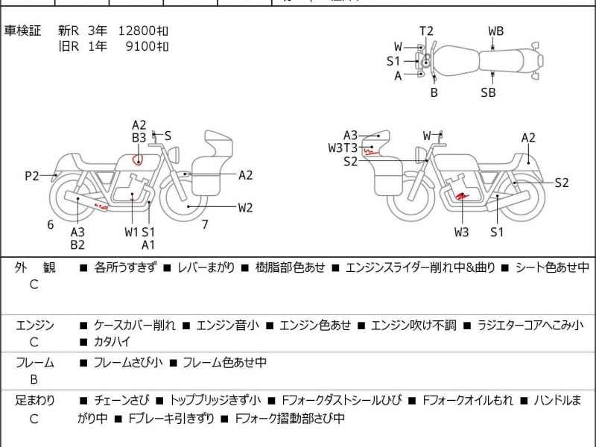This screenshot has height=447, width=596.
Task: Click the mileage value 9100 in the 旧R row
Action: (147, 46)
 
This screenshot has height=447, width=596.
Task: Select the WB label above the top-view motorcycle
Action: (495, 31)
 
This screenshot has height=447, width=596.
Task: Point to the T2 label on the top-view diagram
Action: (426, 31)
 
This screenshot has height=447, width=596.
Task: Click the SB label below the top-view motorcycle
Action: (488, 92)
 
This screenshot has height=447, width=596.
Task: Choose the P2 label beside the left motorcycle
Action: (31, 176)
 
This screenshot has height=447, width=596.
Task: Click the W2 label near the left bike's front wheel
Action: (245, 208)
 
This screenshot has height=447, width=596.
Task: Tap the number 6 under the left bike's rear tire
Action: (51, 224)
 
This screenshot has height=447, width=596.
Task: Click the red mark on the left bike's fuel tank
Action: (138, 159)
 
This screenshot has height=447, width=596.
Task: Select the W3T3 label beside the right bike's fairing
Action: (343, 148)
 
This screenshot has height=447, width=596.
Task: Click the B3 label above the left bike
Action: (139, 138)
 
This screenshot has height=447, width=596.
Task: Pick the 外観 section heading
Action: (34, 267)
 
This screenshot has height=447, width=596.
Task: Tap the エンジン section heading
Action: (34, 325)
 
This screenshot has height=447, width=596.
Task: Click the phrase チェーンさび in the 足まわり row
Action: (121, 400)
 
